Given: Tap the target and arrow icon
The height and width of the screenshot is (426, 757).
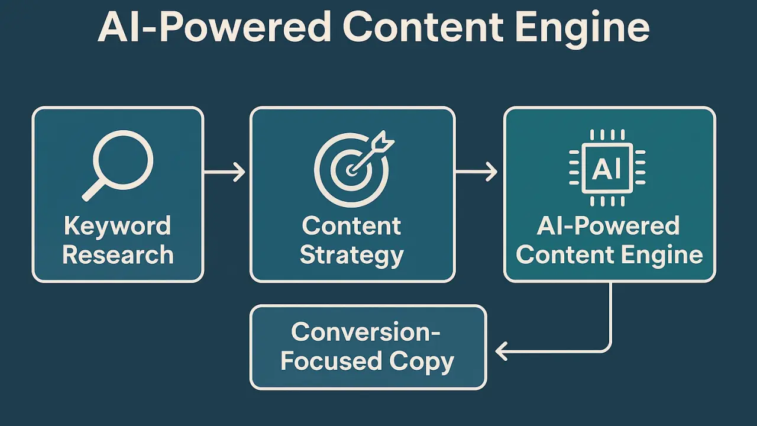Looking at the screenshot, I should (352, 169).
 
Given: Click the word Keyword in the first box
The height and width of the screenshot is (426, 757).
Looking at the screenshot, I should (117, 226).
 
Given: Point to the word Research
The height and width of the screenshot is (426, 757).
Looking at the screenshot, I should (118, 255).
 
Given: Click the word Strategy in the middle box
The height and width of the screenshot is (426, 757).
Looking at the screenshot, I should (351, 255).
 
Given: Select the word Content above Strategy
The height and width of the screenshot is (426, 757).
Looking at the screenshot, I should (351, 226).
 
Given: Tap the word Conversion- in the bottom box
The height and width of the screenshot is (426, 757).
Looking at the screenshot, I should (366, 332).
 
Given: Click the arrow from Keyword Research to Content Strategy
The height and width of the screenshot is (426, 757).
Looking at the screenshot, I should (225, 173).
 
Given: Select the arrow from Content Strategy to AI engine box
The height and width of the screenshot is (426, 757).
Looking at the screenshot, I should (477, 173).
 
